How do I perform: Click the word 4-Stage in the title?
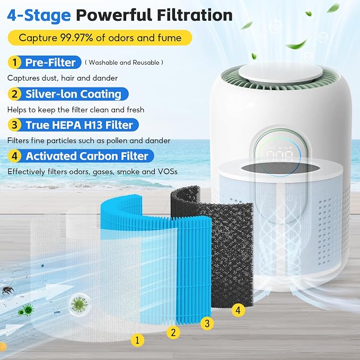[x=39, y=15]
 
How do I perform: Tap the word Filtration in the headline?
[x=195, y=15]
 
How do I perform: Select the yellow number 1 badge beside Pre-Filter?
[x=14, y=62]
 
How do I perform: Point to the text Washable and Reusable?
[x=124, y=63]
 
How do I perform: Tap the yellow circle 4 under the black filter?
[x=238, y=310]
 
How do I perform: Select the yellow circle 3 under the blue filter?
[x=207, y=323]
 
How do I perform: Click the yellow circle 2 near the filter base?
[x=173, y=332]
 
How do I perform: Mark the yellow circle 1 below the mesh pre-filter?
[x=137, y=340]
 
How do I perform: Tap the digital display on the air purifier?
[x=279, y=154]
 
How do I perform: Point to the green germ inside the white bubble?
[x=79, y=304]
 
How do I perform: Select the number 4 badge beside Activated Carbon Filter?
[x=14, y=156]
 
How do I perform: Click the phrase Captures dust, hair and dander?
[x=63, y=78]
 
